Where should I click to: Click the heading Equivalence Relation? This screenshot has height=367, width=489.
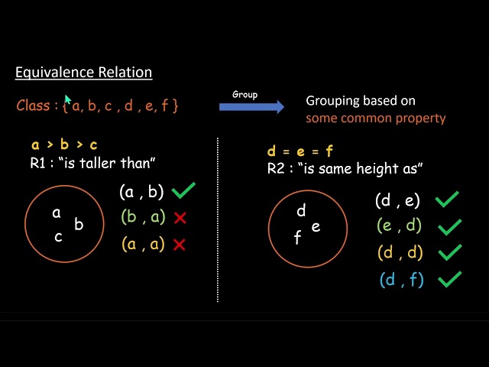pyautogui.click(x=84, y=73)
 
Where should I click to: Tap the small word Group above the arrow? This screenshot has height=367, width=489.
pyautogui.click(x=244, y=95)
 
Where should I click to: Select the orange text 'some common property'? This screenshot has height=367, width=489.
pyautogui.click(x=375, y=119)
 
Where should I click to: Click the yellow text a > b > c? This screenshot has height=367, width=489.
pyautogui.click(x=64, y=145)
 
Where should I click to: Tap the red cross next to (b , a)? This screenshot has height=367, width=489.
pyautogui.click(x=180, y=218)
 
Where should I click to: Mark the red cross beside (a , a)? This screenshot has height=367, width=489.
pyautogui.click(x=180, y=245)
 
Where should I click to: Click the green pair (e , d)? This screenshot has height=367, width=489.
pyautogui.click(x=399, y=226)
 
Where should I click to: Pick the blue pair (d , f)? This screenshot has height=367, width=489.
pyautogui.click(x=400, y=280)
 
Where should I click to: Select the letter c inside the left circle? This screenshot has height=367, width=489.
pyautogui.click(x=58, y=236)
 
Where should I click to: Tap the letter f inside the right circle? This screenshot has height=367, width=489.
pyautogui.click(x=297, y=239)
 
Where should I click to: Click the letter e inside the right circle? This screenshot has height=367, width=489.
pyautogui.click(x=316, y=226)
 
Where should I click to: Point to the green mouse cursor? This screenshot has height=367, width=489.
pyautogui.click(x=68, y=100)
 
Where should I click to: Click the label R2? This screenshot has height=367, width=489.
pyautogui.click(x=276, y=168)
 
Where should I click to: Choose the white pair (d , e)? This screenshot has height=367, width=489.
pyautogui.click(x=398, y=200)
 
